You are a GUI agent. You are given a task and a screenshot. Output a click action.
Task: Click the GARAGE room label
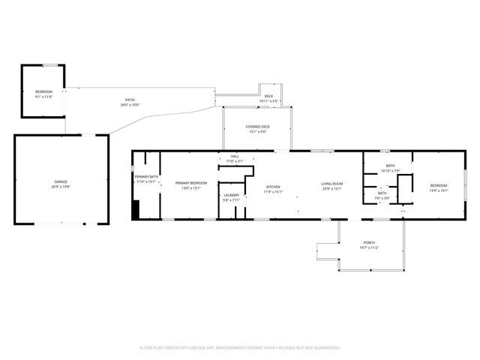coord(60,182)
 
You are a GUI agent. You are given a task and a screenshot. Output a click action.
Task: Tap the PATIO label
coord(129,100)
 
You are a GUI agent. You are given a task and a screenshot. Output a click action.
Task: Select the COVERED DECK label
coord(258,127)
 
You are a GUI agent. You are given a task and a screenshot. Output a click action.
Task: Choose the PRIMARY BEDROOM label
coord(190,183)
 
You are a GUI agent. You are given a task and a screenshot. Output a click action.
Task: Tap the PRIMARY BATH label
coord(146,176)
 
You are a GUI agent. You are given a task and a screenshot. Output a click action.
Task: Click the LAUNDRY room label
coord(231,195)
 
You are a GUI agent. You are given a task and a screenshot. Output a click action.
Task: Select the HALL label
coord(235,157)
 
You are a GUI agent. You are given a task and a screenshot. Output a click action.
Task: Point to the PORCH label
coord(369,242)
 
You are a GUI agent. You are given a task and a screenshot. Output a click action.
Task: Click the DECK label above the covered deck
coord(268,96)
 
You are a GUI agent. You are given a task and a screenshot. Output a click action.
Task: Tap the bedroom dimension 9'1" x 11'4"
coord(44,96)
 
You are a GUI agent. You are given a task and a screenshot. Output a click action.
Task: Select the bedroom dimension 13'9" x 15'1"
coord(438,190)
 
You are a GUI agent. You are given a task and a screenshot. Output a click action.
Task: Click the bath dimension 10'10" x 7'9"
coord(390,170)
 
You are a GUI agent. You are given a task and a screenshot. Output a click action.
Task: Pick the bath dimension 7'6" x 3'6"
coord(382,197)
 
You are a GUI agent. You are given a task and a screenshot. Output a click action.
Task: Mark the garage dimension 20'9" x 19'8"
coord(60,187)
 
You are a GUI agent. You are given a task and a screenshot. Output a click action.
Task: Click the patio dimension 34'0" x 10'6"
coord(129,104)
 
